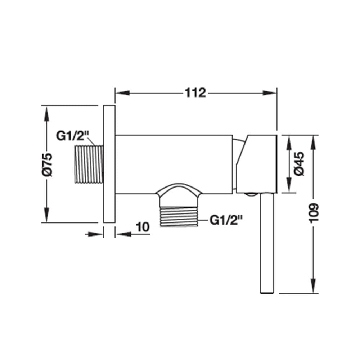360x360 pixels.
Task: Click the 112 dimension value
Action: pyautogui.click(x=195, y=93)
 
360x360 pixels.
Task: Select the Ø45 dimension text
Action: pyautogui.click(x=300, y=164)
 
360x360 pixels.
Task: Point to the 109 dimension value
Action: pyautogui.click(x=314, y=213)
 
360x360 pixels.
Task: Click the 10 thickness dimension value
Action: pyautogui.click(x=143, y=227)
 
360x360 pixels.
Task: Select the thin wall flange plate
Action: pyautogui.click(x=109, y=164)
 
